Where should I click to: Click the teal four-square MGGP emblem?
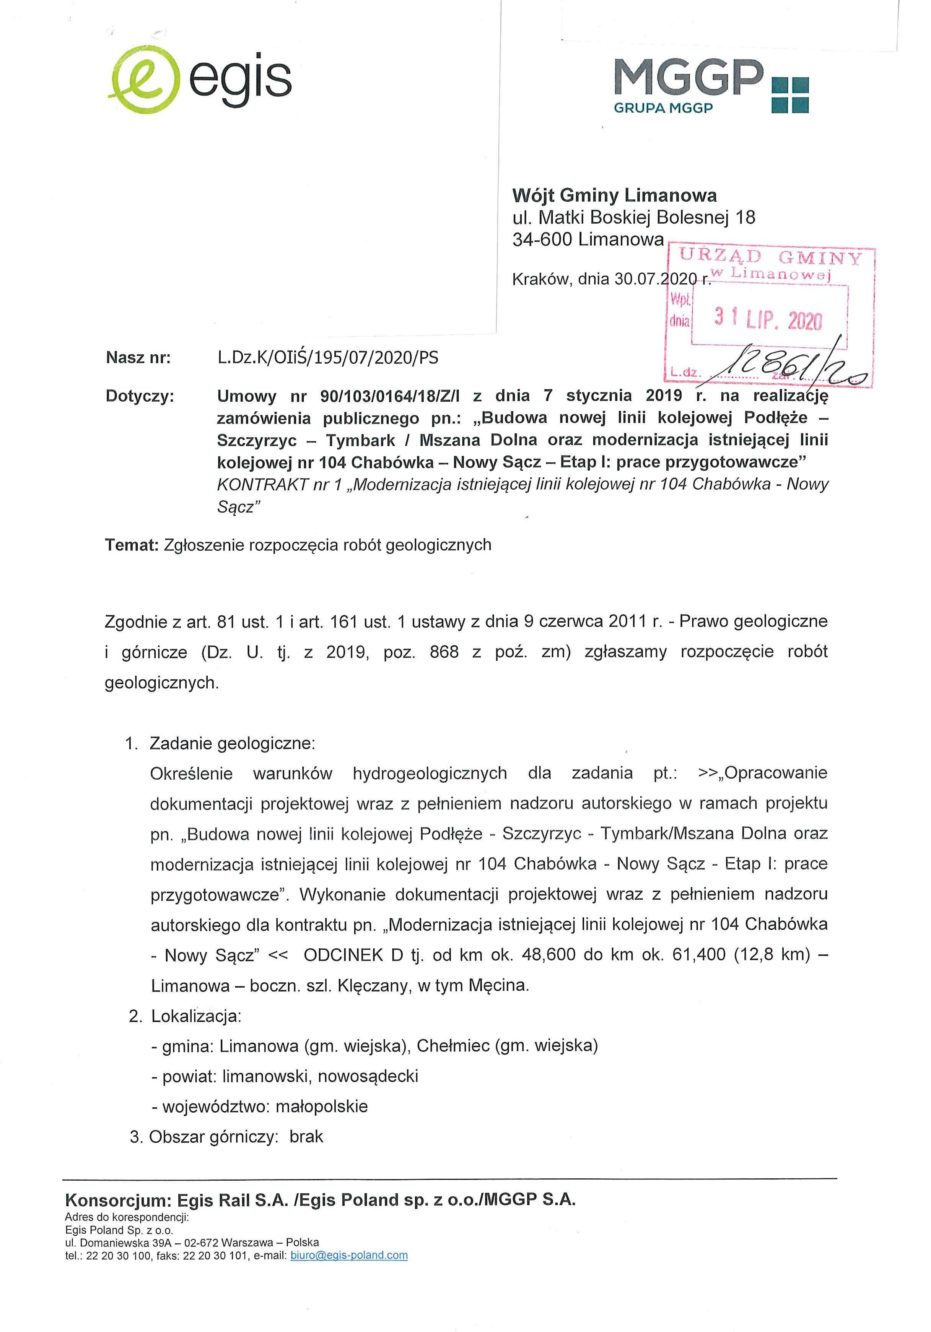(789, 94)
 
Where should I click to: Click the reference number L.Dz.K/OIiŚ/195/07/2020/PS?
(328, 358)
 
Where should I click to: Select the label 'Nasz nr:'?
(138, 358)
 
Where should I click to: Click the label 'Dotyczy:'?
(140, 396)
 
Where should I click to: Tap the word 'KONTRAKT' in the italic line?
(262, 484)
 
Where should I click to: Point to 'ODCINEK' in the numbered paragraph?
(343, 955)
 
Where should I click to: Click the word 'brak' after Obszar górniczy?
(306, 1136)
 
